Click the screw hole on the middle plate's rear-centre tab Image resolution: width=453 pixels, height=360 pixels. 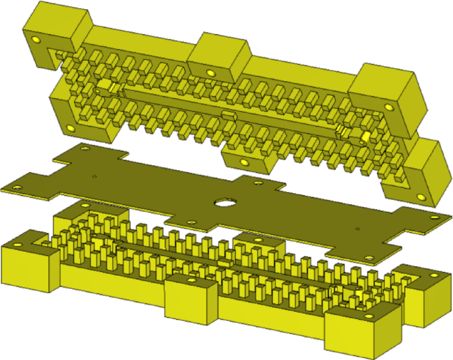tap(256, 183)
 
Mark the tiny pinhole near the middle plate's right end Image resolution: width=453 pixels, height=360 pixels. tap(358, 229)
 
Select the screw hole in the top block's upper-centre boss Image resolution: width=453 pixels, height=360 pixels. tap(210, 72)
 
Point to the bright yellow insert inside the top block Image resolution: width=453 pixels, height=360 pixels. tap(364, 137)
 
